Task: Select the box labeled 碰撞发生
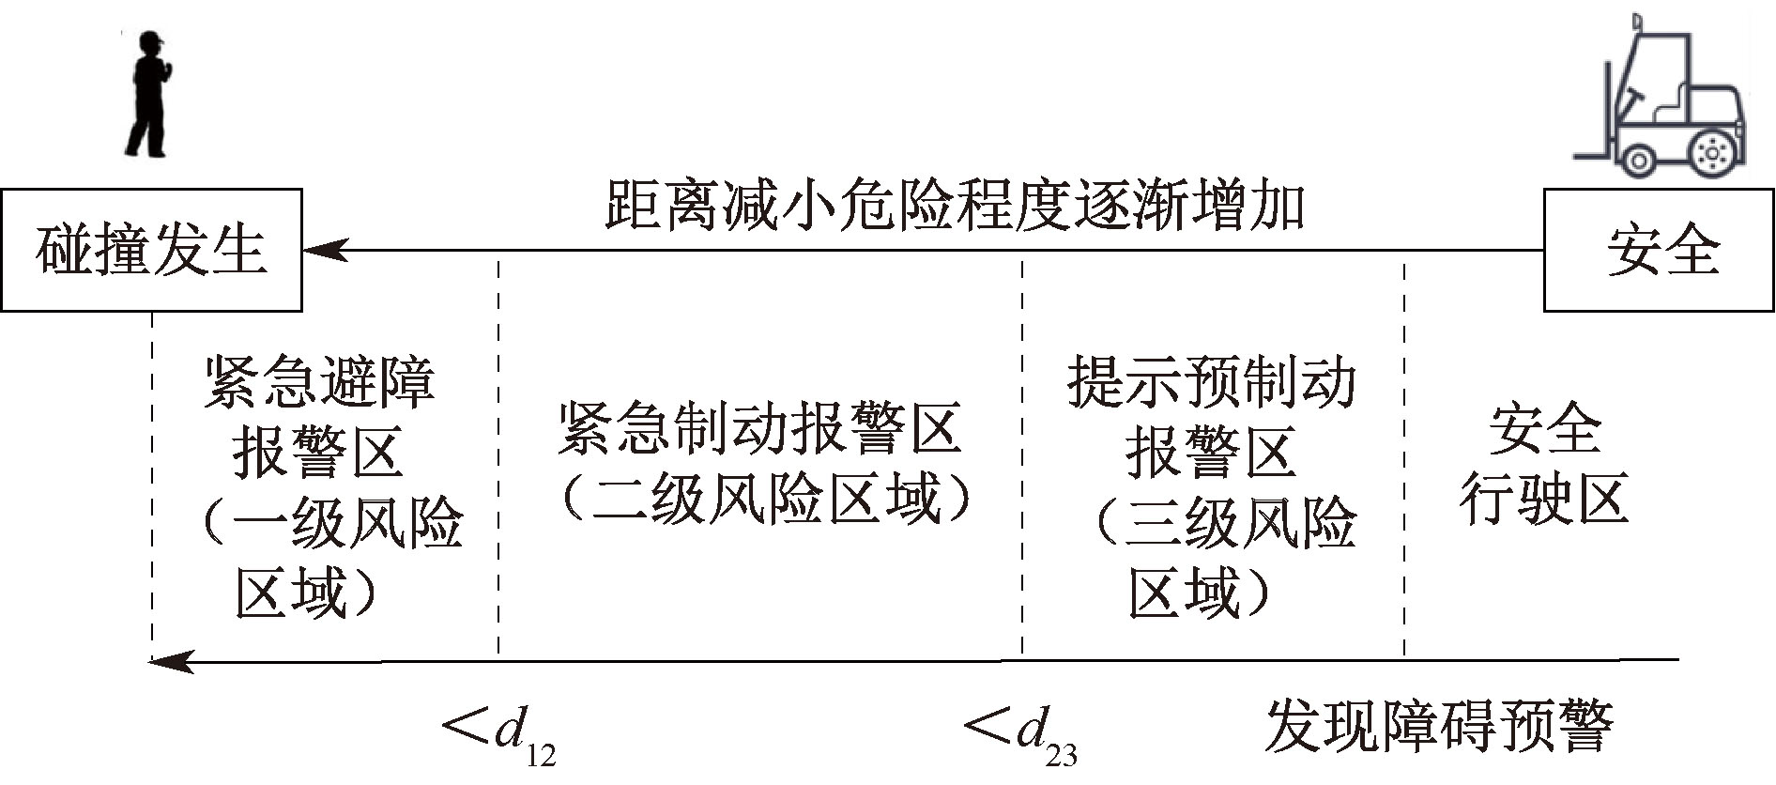(x=151, y=250)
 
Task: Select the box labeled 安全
(x=1660, y=250)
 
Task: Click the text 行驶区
(x=1543, y=498)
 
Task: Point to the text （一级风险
(x=329, y=523)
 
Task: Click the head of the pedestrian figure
(x=150, y=42)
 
